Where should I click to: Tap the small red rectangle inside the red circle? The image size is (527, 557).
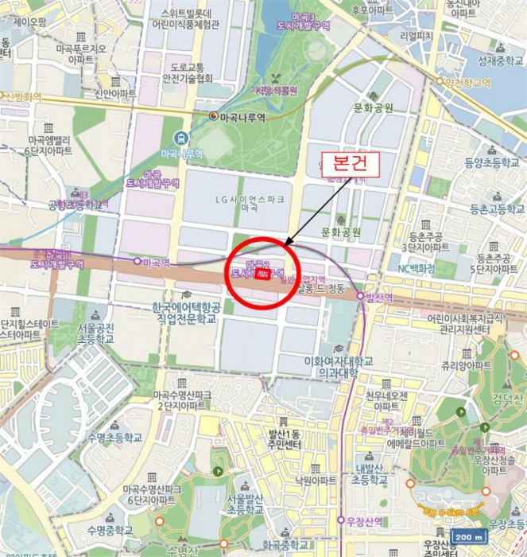[x=260, y=275]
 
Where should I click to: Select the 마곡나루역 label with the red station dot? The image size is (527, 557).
[x=240, y=116]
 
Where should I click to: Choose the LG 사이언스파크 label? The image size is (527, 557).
[x=249, y=201]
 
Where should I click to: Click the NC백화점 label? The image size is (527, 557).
[x=416, y=269]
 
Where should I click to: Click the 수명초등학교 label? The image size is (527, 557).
[x=115, y=437]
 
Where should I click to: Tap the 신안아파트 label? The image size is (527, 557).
[x=115, y=93]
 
